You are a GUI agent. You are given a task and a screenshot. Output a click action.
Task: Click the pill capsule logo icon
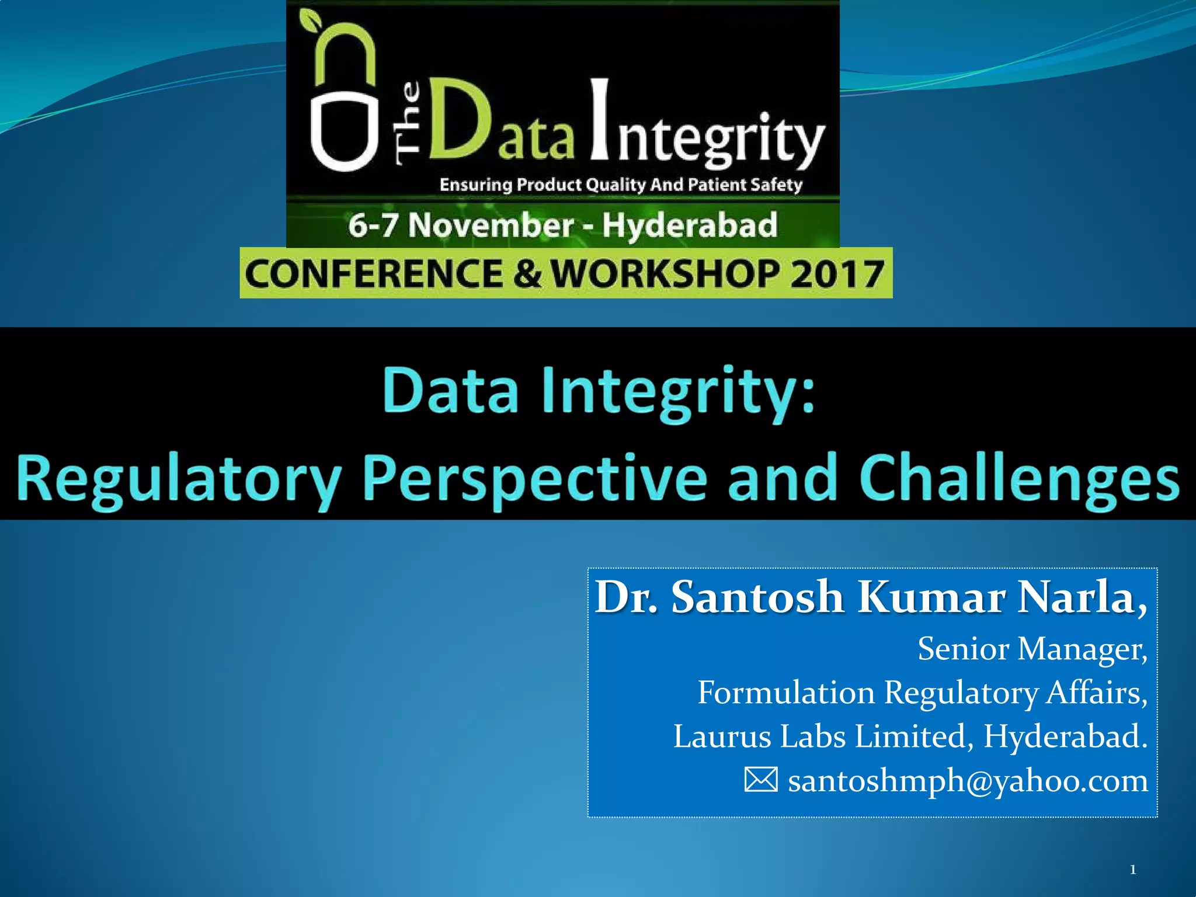(343, 99)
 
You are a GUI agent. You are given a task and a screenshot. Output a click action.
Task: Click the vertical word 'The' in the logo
(408, 123)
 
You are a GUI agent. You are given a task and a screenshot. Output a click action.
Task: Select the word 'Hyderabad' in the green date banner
(690, 225)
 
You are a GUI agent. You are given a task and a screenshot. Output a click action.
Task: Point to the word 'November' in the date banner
(491, 225)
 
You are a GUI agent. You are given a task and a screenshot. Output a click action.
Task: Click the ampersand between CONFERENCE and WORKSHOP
(527, 273)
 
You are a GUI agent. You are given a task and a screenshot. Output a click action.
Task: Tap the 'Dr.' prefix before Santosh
(626, 597)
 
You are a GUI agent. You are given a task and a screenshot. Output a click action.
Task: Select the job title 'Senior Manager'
(1031, 649)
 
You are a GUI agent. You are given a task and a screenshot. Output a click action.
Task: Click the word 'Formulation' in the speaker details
(785, 693)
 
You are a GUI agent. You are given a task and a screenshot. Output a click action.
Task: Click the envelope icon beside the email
(761, 780)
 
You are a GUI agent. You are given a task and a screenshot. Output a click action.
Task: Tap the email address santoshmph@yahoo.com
(968, 781)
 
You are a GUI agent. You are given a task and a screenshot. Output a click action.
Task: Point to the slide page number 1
(1132, 870)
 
